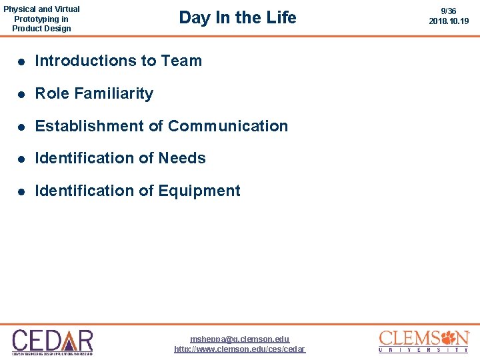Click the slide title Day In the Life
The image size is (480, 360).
[237, 18]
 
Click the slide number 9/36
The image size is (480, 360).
[449, 11]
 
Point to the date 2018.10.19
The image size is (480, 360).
[449, 21]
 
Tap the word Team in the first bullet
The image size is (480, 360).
[181, 61]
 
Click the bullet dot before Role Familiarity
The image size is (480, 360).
[21, 94]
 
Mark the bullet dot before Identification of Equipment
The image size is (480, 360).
[21, 191]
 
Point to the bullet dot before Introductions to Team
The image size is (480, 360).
[21, 61]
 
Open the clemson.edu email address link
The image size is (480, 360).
[240, 339]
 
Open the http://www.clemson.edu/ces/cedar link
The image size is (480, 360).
[240, 349]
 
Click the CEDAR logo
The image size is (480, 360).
[52, 341]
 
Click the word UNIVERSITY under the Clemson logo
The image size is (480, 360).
[423, 349]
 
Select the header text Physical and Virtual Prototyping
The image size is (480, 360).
[41, 14]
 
